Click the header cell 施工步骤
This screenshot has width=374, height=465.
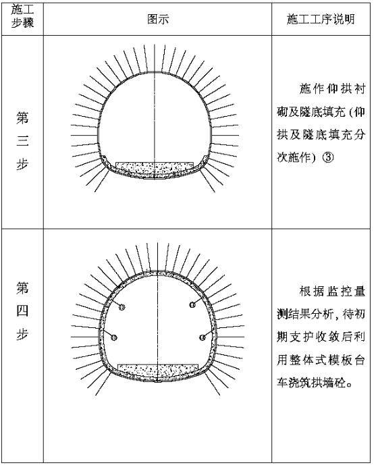[x=22, y=16]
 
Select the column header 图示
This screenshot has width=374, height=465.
[x=158, y=20]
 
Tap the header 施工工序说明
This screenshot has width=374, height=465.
[x=321, y=20]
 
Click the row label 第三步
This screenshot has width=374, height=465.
[x=22, y=140]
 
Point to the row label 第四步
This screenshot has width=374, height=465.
[x=22, y=311]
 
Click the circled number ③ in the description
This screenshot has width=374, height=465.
[x=327, y=157]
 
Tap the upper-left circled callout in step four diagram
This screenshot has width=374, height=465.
[x=122, y=307]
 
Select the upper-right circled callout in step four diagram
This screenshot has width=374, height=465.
[x=192, y=304]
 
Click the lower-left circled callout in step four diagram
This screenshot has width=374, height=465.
[x=114, y=337]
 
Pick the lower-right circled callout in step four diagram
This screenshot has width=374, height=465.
[x=203, y=337]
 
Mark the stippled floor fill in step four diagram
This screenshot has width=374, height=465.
[x=158, y=371]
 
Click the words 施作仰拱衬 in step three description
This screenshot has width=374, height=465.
[x=332, y=89]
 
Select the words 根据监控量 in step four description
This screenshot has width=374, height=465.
[x=332, y=292]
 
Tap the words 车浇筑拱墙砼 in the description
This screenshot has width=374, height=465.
[x=311, y=383]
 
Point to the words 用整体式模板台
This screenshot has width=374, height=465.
[x=321, y=360]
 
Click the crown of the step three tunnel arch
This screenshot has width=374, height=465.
[x=154, y=72]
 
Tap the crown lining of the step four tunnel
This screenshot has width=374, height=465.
[x=157, y=273]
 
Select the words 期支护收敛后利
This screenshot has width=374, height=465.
[x=321, y=337]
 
